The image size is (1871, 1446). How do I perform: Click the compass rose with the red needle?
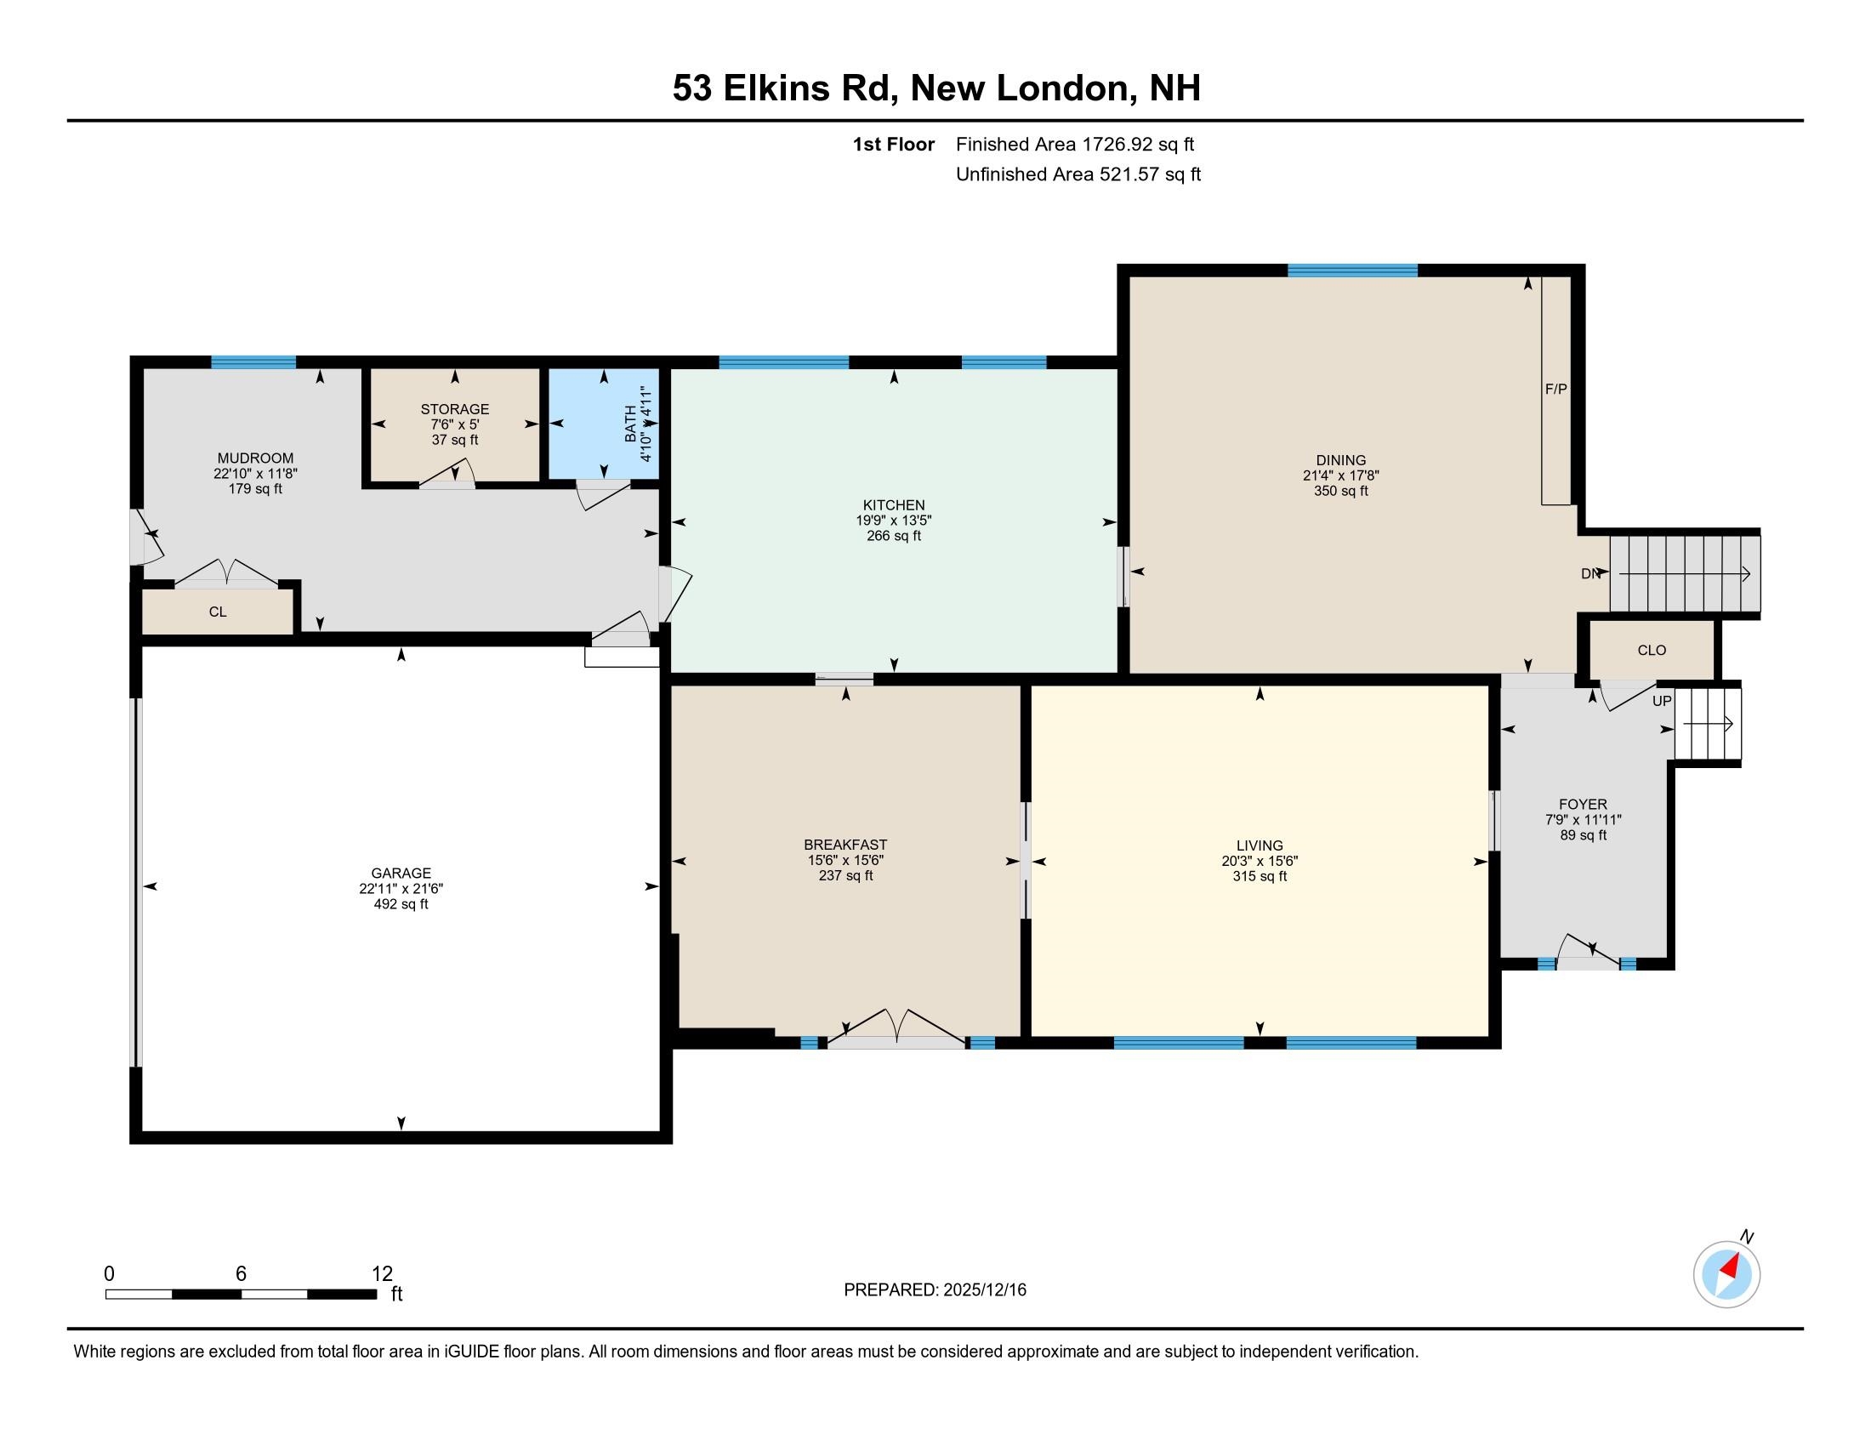[1726, 1275]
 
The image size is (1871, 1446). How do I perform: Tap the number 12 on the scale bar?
[381, 1274]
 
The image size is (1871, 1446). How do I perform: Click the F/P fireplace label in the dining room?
[1555, 389]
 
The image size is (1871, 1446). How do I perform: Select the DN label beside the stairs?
[1590, 574]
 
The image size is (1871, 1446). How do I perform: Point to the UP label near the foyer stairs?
[1661, 701]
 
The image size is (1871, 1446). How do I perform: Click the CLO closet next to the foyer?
[1652, 650]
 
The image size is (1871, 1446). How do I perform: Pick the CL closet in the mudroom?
[218, 612]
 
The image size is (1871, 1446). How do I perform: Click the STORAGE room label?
[455, 409]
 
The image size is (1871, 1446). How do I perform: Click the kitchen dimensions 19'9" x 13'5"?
[894, 521]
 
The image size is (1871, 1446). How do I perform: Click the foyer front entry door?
[1588, 954]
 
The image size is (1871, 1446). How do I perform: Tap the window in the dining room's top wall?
[1352, 270]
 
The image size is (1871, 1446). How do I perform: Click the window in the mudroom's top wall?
[253, 361]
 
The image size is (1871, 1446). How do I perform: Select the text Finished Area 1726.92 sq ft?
[1074, 144]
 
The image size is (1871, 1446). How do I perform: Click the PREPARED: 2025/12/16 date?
[935, 1290]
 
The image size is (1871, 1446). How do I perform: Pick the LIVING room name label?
[1260, 845]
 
